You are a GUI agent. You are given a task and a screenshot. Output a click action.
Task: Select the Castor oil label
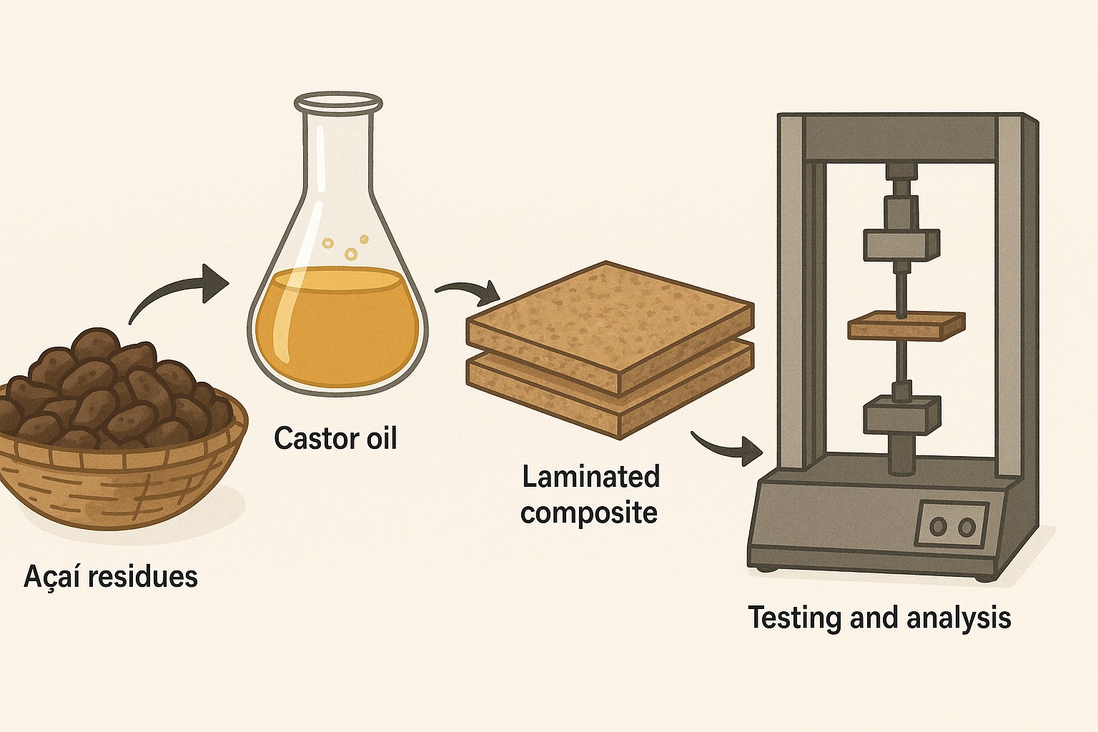pos(335,438)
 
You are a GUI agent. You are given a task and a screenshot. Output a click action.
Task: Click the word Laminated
pos(590,477)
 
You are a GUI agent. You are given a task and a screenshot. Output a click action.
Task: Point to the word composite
pos(589,513)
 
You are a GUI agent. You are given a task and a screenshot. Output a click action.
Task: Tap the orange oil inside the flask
pos(336,329)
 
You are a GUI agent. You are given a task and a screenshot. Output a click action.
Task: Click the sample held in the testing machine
pos(906,327)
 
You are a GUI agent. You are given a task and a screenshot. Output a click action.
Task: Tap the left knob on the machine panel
pos(938,527)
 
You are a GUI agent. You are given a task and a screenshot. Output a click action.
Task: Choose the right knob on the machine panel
pos(966,528)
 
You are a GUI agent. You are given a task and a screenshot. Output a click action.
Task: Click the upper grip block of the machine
pos(901,245)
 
